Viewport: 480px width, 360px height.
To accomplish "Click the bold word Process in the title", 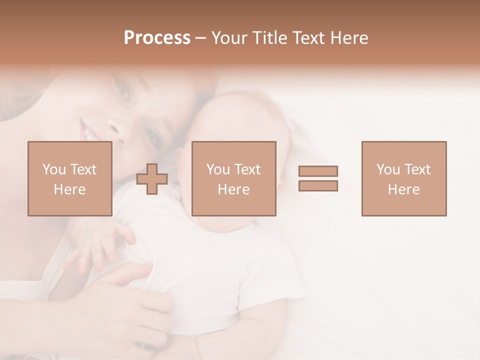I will point(157,38).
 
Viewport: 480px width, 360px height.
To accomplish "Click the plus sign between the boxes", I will point(152,179).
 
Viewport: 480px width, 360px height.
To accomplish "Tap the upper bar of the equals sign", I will point(318,171).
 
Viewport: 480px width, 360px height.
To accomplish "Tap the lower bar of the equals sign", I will point(318,186).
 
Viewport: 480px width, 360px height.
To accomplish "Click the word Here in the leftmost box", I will point(69,189).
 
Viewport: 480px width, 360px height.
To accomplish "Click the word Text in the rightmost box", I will point(417,169).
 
